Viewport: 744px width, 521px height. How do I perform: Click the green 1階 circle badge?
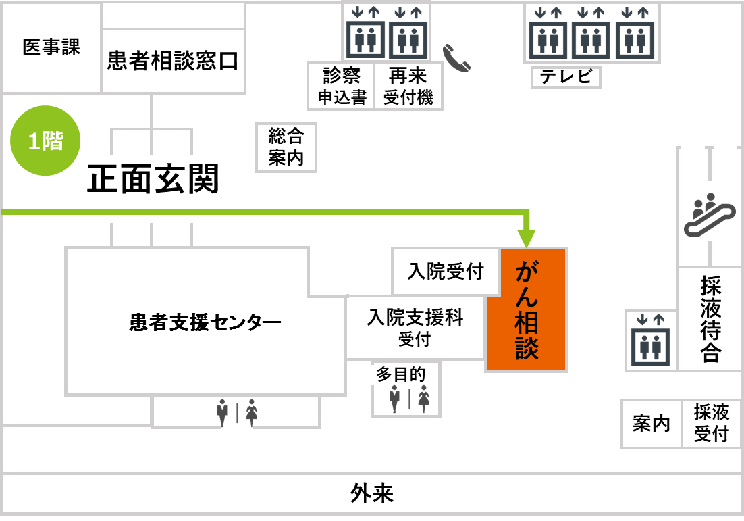coord(45,141)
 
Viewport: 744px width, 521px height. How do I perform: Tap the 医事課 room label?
coord(51,48)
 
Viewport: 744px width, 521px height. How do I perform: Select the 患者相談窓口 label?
coord(173,61)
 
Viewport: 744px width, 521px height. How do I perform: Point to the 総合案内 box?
coord(286,147)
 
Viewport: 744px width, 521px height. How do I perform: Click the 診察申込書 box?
coord(342,86)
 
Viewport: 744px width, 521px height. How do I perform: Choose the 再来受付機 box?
coord(408,86)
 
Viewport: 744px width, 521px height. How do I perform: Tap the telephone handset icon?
coord(456,58)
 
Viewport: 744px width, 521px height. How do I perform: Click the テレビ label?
coord(566,76)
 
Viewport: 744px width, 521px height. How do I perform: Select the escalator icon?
coord(709,214)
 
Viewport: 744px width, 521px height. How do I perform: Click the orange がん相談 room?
coord(527,310)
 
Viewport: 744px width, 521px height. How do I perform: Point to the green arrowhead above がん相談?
coord(527,239)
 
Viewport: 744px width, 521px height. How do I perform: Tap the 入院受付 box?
coord(446,272)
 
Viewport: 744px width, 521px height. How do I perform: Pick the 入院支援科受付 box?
coord(415,328)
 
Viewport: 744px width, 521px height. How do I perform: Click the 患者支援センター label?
coord(205,322)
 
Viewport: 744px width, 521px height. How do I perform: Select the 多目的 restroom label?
coord(401,374)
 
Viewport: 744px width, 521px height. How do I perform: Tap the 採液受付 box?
coord(711,424)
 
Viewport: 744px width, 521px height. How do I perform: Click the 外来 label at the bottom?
coord(372,495)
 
